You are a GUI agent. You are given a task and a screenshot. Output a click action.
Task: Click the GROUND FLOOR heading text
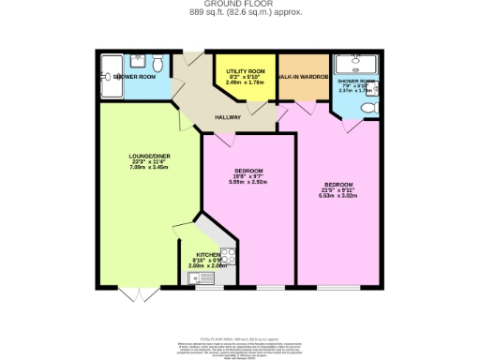pyautogui.click(x=240, y=5)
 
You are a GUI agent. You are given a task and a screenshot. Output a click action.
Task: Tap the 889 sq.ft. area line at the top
pyautogui.click(x=240, y=13)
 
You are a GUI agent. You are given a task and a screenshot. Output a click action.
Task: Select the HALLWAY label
pyautogui.click(x=228, y=117)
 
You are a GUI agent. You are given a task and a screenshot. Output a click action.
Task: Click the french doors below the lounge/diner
pyautogui.click(x=140, y=294)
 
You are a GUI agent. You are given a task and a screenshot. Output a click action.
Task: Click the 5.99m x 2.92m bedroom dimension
pyautogui.click(x=248, y=180)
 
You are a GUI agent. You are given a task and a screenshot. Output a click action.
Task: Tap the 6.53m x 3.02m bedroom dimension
pyautogui.click(x=338, y=194)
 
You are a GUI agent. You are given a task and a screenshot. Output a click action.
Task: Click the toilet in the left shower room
pyautogui.click(x=159, y=63)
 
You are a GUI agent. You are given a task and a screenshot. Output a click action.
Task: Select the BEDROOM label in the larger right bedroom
pyautogui.click(x=338, y=183)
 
